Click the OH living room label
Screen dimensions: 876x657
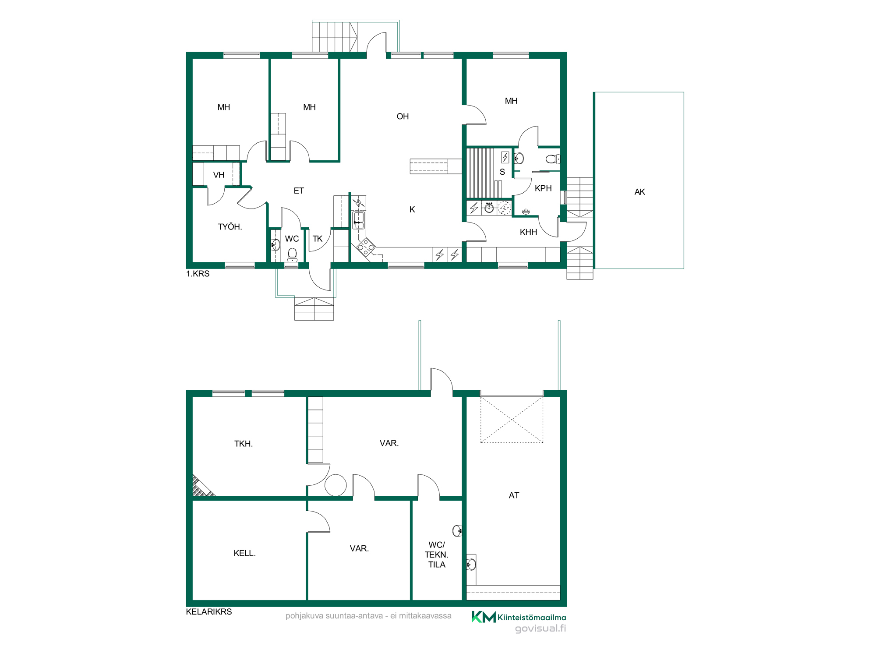point(403,117)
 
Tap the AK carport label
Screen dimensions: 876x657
point(639,192)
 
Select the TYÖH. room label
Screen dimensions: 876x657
point(230,226)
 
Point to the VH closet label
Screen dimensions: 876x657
point(219,175)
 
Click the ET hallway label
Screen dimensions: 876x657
point(299,191)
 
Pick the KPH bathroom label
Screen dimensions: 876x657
point(543,188)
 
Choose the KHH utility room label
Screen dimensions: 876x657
point(528,232)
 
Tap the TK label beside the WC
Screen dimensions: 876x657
point(318,239)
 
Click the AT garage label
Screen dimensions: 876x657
point(514,495)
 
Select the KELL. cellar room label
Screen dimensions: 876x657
point(244,553)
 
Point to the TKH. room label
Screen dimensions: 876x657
point(244,444)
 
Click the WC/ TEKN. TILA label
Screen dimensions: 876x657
point(437,555)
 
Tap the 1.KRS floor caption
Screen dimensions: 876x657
point(198,274)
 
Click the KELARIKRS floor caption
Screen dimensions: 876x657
point(209,612)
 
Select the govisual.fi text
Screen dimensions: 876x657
point(540,629)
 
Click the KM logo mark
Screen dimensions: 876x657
point(484,617)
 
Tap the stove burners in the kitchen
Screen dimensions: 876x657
point(366,247)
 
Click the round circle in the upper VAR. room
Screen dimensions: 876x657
point(336,485)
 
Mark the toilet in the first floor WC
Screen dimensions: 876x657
point(292,254)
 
